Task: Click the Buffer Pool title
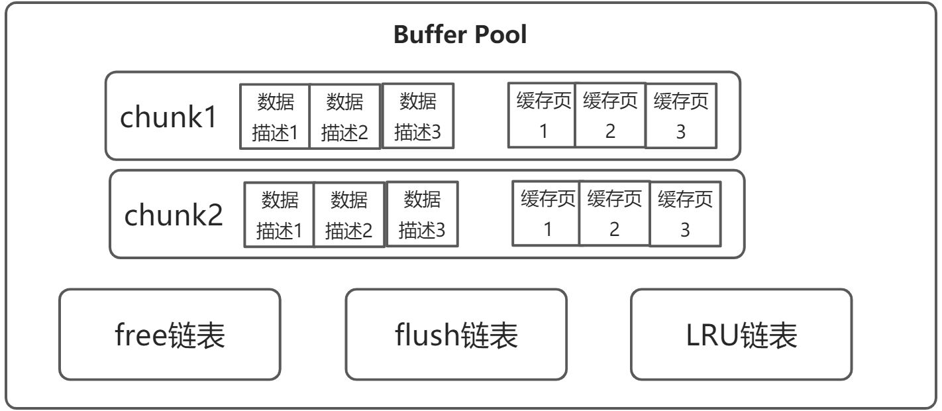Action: [460, 34]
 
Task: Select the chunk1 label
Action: [168, 117]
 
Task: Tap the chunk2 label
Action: [173, 215]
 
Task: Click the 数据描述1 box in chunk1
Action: [275, 117]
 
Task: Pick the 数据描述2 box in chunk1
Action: [344, 117]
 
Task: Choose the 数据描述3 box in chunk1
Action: [417, 116]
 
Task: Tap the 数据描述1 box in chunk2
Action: [279, 214]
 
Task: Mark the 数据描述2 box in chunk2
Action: [349, 214]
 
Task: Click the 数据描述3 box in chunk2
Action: [422, 213]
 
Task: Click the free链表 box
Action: [170, 334]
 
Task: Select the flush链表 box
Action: [456, 334]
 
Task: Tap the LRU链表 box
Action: [741, 334]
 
